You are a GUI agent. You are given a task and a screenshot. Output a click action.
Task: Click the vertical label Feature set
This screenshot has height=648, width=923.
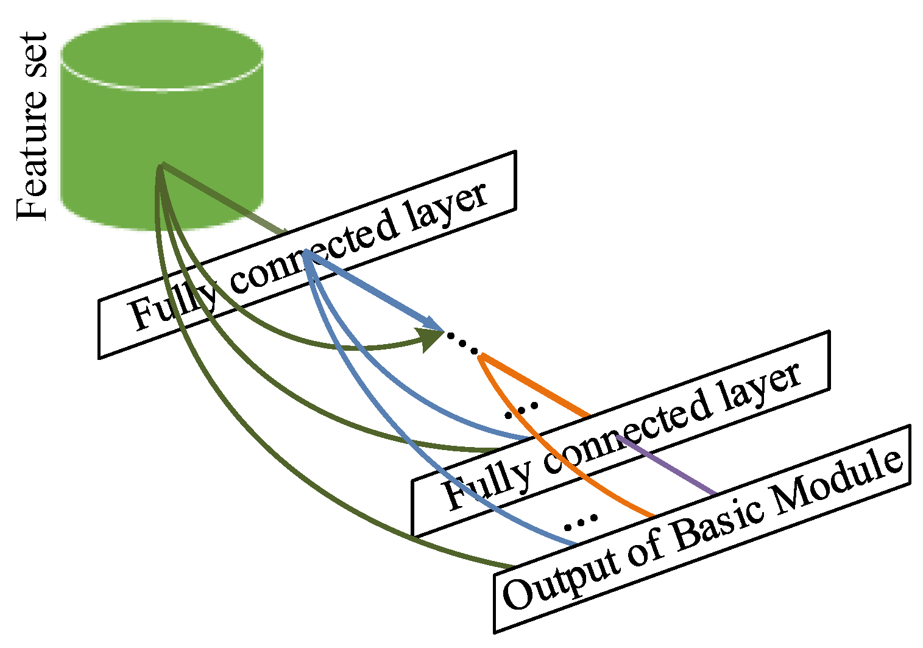[32, 127]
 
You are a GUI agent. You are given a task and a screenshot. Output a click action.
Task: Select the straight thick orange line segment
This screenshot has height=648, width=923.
[536, 387]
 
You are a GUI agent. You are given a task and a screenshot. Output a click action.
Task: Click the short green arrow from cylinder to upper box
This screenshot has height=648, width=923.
[225, 200]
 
